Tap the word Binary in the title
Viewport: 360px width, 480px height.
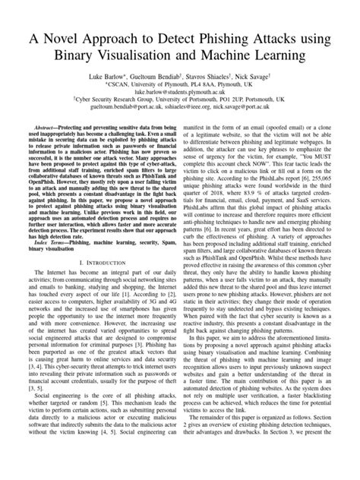tap(84, 56)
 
